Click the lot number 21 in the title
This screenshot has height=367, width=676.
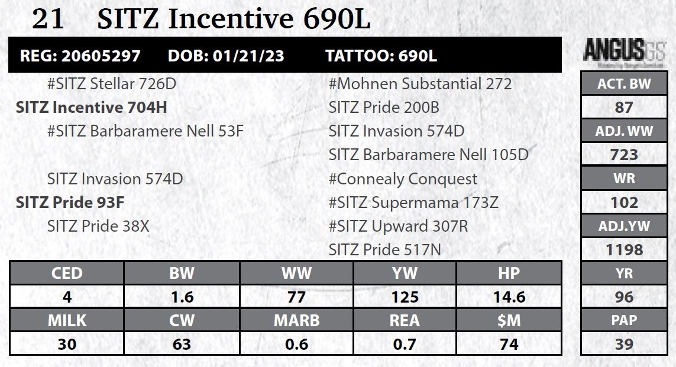(x=48, y=20)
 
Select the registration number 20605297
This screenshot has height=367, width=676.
(x=101, y=56)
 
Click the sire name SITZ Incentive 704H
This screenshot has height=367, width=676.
(x=92, y=108)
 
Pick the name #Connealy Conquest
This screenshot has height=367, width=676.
(x=403, y=179)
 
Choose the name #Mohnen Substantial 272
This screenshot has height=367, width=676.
(x=420, y=84)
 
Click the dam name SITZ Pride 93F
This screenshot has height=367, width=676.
(x=70, y=203)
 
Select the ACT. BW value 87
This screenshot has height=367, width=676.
(x=624, y=108)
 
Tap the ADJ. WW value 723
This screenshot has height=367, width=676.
(x=624, y=155)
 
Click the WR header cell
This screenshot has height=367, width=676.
(x=624, y=178)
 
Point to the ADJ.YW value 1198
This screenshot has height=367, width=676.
(x=624, y=250)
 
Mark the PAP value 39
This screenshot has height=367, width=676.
(x=624, y=344)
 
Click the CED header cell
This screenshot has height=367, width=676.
(x=67, y=273)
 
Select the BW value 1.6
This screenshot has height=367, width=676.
(x=182, y=297)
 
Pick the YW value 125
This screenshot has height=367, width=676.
(x=405, y=297)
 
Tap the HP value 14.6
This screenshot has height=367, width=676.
(x=509, y=297)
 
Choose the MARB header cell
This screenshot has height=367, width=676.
(x=296, y=320)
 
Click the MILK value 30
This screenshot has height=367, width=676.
(x=67, y=344)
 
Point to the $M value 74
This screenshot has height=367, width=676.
(x=509, y=344)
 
